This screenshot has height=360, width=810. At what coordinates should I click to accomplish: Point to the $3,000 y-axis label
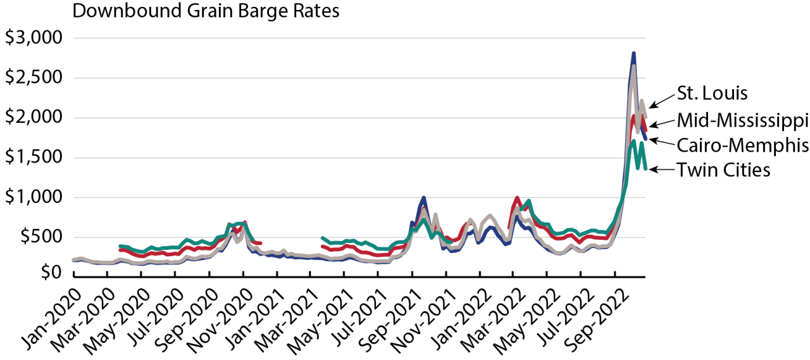pos(34,38)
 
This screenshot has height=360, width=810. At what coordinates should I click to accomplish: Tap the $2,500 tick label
pos(34,78)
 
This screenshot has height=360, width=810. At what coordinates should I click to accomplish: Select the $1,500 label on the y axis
pos(34,158)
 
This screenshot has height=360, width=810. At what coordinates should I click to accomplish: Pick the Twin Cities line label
pos(723,170)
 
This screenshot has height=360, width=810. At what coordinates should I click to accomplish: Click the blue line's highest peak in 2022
pos(633,54)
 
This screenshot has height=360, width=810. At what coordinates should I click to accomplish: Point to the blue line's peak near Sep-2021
pos(423,198)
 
